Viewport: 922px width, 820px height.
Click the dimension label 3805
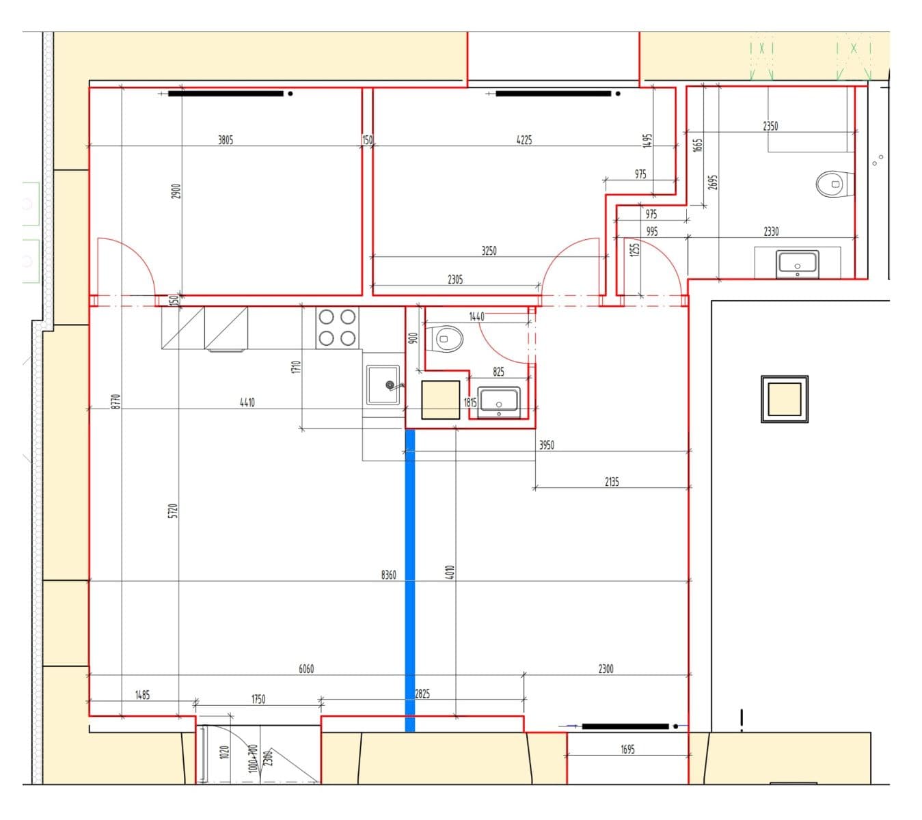click(x=225, y=140)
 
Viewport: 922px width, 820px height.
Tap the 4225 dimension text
click(x=524, y=140)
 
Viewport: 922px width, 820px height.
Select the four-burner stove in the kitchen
click(x=338, y=327)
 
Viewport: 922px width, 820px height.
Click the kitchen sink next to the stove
click(x=383, y=385)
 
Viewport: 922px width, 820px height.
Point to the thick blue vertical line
click(x=410, y=581)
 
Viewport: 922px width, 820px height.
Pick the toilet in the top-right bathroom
click(x=832, y=184)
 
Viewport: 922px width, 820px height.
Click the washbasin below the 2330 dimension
click(x=797, y=264)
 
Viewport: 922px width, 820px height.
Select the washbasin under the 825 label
click(x=499, y=401)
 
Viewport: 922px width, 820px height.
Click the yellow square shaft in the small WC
click(x=440, y=400)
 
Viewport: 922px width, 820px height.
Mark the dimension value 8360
click(x=388, y=575)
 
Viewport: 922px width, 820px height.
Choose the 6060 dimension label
click(x=306, y=669)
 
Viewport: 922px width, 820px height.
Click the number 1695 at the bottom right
click(x=627, y=750)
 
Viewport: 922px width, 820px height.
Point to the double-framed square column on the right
click(x=784, y=399)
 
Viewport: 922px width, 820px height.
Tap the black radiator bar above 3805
click(x=226, y=94)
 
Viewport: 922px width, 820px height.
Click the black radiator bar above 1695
click(x=625, y=726)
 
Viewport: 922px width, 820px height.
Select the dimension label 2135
click(x=612, y=482)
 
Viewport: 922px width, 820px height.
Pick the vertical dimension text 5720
click(x=173, y=510)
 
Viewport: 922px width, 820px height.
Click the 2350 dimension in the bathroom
click(x=770, y=126)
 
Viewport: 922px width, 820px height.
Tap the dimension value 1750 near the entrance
click(x=258, y=699)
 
